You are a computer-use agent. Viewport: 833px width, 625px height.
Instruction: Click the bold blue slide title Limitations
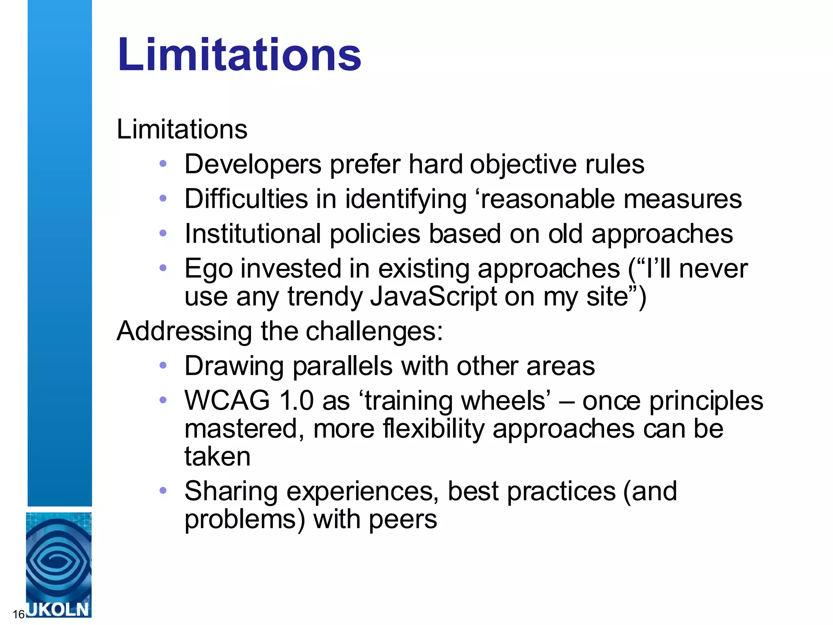pos(239,55)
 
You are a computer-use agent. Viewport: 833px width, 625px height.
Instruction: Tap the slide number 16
pos(18,614)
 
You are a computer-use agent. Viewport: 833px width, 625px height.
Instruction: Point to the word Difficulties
pos(246,199)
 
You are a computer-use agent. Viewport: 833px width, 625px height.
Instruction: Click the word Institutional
pos(253,234)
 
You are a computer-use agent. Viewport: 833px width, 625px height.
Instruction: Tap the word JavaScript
pos(433,296)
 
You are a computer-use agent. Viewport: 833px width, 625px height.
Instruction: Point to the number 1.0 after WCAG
pos(297,400)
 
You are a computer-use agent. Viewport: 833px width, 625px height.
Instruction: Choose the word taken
pos(217,457)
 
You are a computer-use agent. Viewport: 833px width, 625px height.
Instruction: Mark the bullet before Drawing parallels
pos(163,365)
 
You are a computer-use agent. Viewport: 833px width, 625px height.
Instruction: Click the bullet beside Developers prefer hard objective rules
pos(163,164)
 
